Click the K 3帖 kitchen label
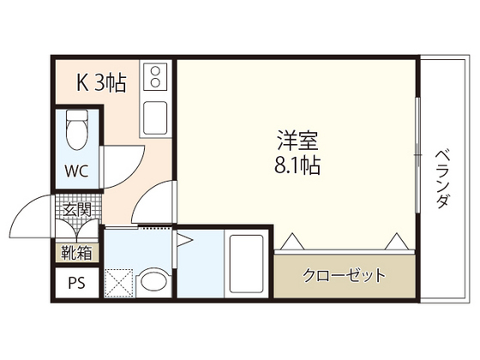102,82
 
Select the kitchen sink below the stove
156,117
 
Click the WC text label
78,169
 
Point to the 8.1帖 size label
297,165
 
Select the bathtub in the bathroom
249,262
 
